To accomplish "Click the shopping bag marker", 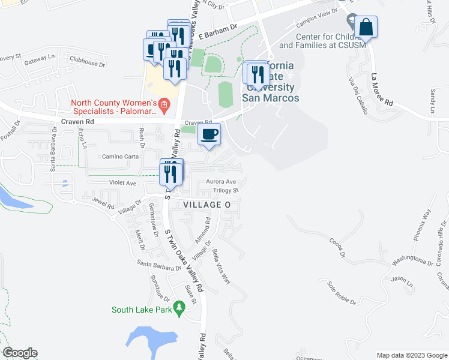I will [366, 26].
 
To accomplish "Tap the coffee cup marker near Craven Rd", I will [209, 134].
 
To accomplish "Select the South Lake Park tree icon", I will [178, 308].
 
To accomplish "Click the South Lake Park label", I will [142, 310].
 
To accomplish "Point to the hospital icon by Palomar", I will [164, 106].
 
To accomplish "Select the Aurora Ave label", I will [221, 181].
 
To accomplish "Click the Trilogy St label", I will [226, 190].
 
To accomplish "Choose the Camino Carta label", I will [120, 157].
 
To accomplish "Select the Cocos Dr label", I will [338, 247].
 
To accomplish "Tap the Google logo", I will [20, 353].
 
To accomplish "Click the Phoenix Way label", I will [422, 224].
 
